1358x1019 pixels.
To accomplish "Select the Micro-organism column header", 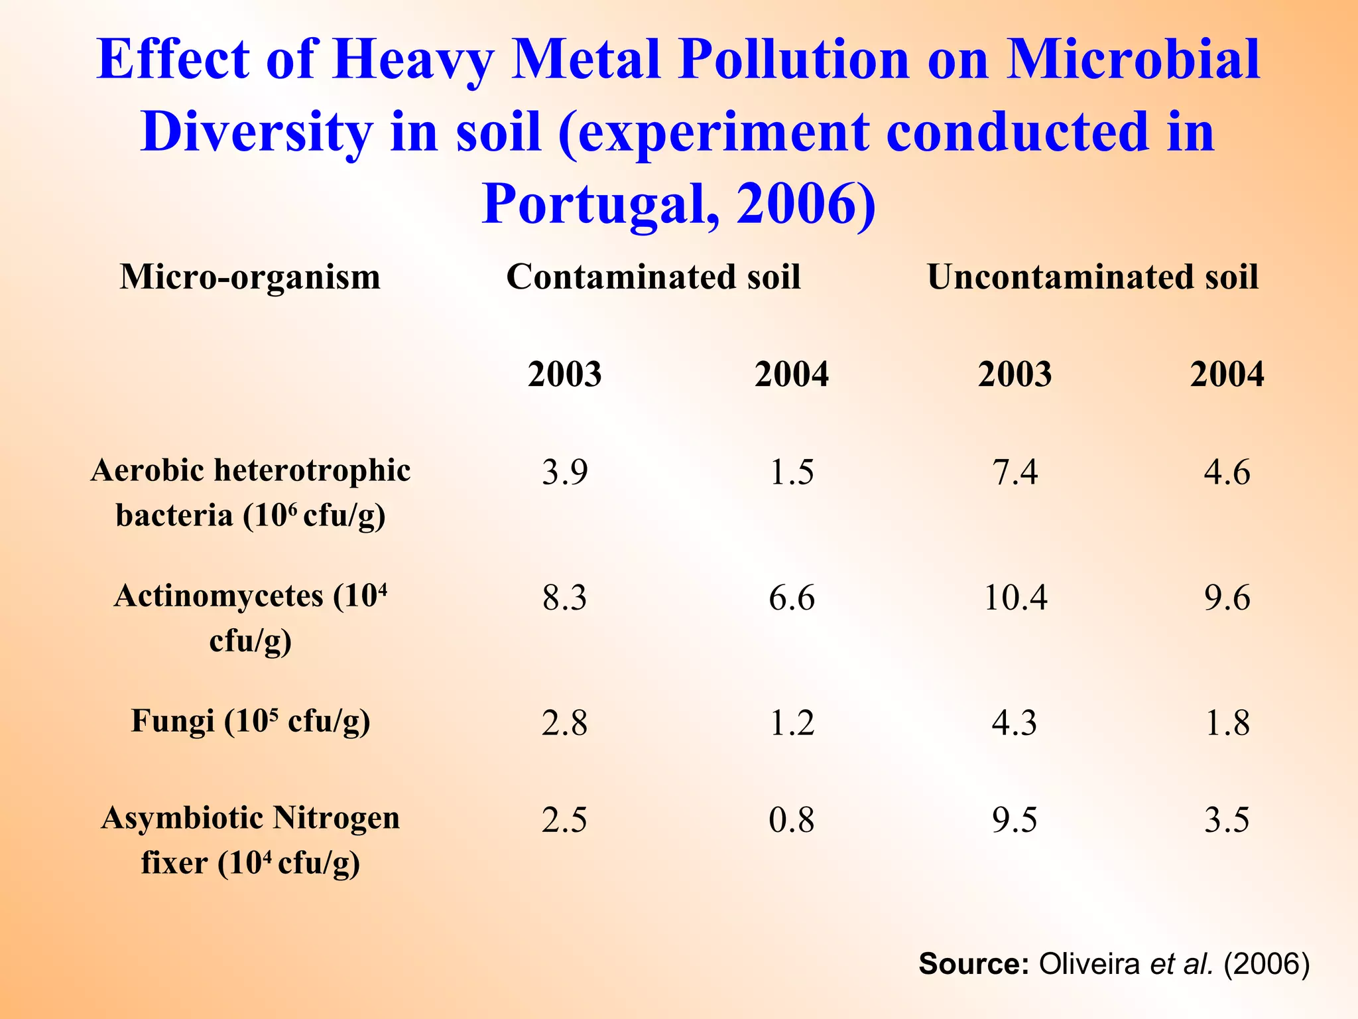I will tap(250, 277).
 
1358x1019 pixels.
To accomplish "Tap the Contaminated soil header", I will tap(653, 277).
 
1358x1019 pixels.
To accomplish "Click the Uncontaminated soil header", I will tap(1092, 277).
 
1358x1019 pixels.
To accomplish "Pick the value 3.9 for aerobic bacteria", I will tap(564, 472).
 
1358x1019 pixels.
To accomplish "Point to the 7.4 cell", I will tap(1015, 472).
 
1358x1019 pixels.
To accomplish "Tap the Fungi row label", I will tap(250, 721).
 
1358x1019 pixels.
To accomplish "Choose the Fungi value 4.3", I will tap(1014, 722).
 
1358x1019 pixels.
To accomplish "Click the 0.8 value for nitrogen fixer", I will tap(791, 820).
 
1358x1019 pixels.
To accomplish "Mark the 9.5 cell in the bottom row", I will tap(1014, 820).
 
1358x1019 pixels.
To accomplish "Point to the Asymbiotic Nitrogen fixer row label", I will tap(250, 840).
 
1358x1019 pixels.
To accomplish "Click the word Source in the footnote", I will tap(973, 964).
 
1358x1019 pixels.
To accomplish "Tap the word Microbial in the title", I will tap(1133, 60).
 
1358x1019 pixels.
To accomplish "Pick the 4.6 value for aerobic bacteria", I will tap(1227, 472).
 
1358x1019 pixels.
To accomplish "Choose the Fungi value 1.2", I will tap(791, 722).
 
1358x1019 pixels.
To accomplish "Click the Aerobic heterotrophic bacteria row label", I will tap(250, 493).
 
